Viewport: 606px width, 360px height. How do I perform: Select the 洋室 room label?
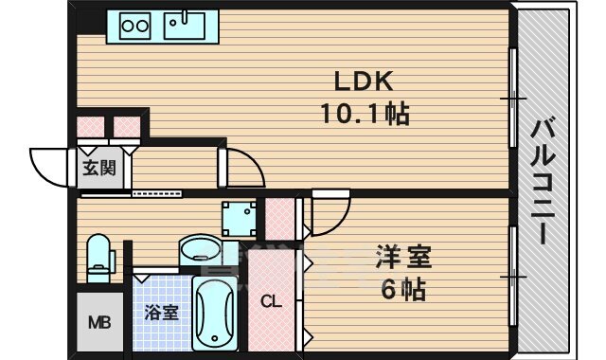[404, 256]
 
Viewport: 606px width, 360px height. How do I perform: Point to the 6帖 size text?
[404, 287]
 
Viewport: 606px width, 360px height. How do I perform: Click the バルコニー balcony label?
[543, 182]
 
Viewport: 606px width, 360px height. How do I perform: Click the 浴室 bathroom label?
[161, 313]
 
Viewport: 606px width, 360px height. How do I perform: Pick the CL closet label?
[272, 302]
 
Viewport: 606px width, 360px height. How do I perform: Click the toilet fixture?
[98, 258]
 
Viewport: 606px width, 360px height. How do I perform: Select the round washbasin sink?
[200, 252]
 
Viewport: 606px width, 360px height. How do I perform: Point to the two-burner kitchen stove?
[134, 25]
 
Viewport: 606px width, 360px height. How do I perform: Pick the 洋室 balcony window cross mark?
[512, 275]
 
